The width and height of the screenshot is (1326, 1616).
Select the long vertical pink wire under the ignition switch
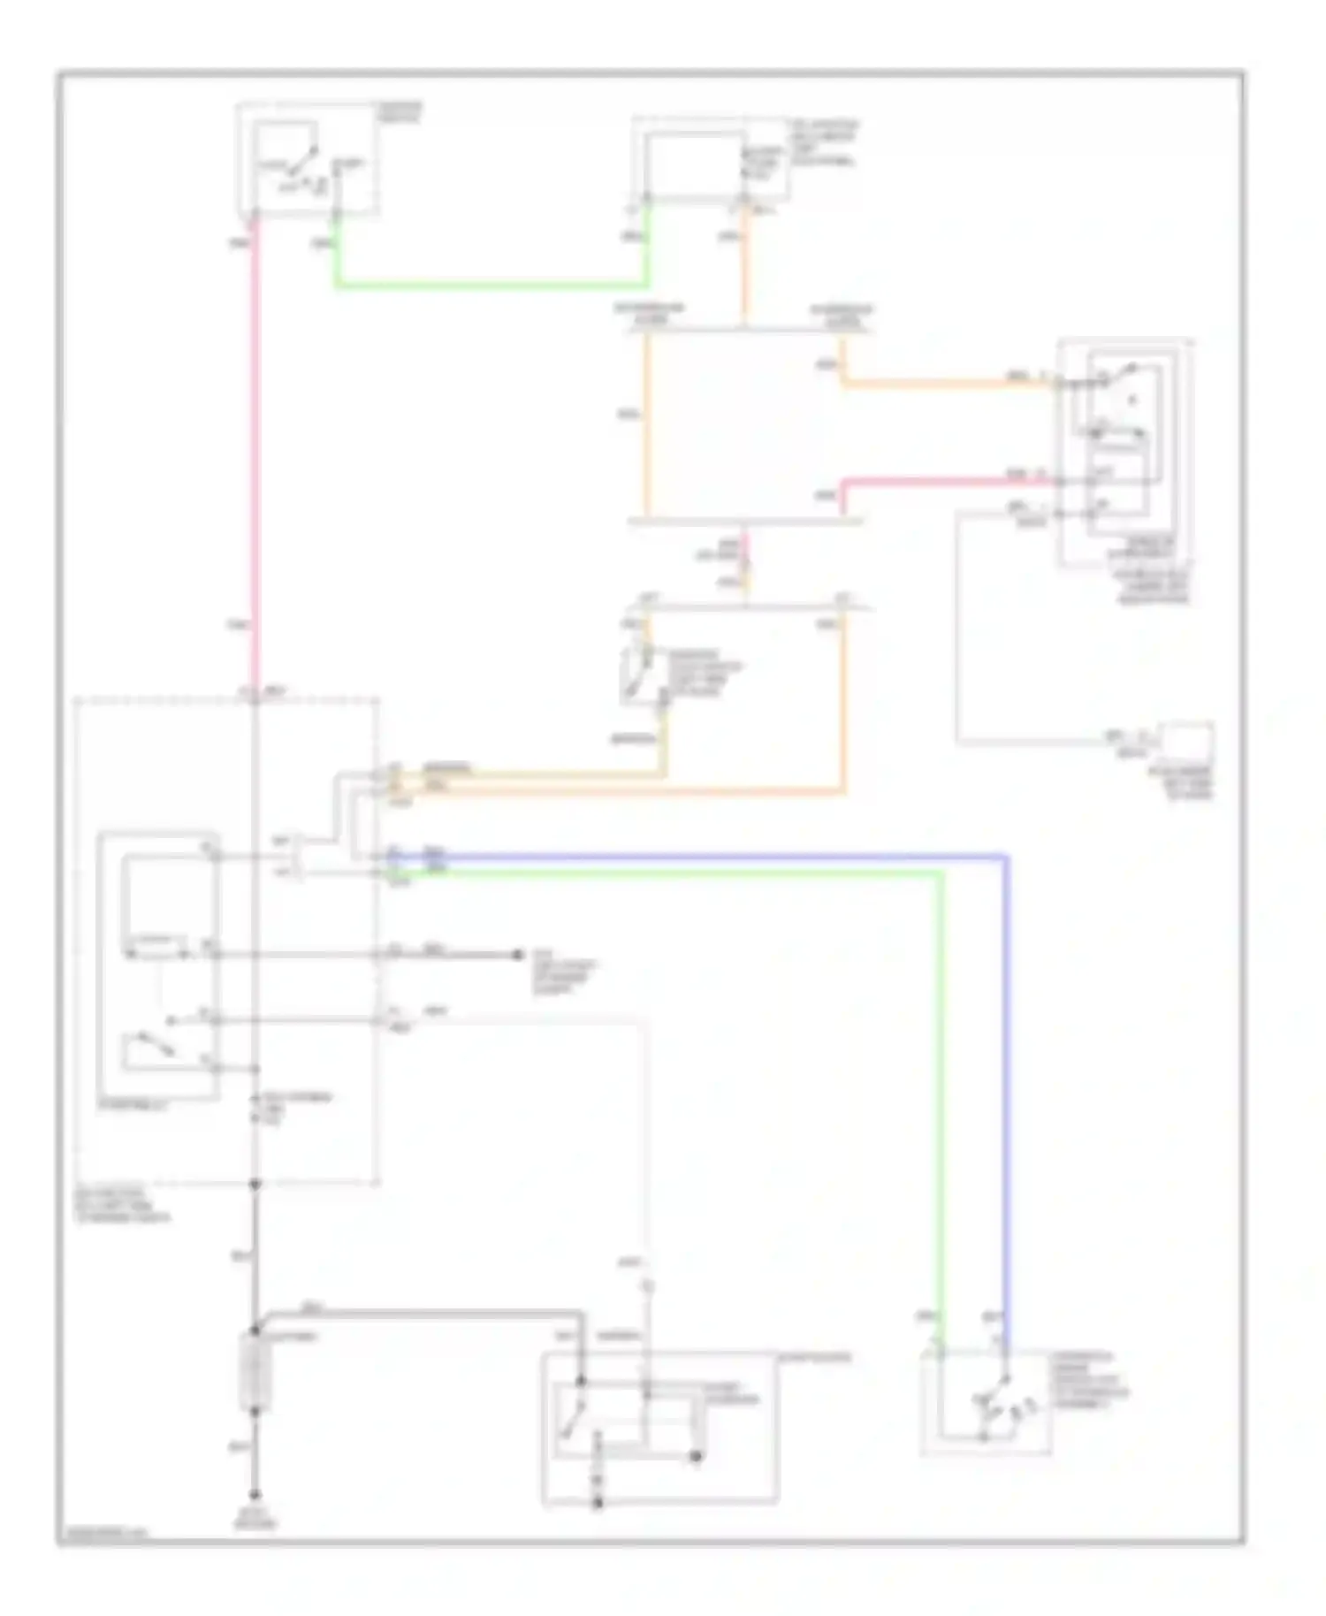pos(255,442)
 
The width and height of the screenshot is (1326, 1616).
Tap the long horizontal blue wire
pos(707,856)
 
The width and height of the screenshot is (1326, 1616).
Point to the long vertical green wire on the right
pos(941,1105)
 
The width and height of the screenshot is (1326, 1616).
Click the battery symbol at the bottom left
pos(255,1372)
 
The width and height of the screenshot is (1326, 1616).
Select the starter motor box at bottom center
pos(659,1428)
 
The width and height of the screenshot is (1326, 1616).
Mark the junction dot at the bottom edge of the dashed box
pos(255,1183)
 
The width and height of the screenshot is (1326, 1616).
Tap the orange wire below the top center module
pos(744,265)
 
